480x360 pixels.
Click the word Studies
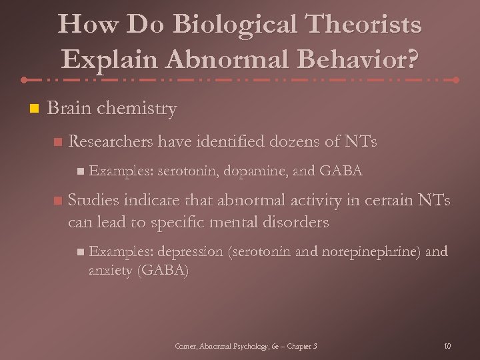coord(93,201)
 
